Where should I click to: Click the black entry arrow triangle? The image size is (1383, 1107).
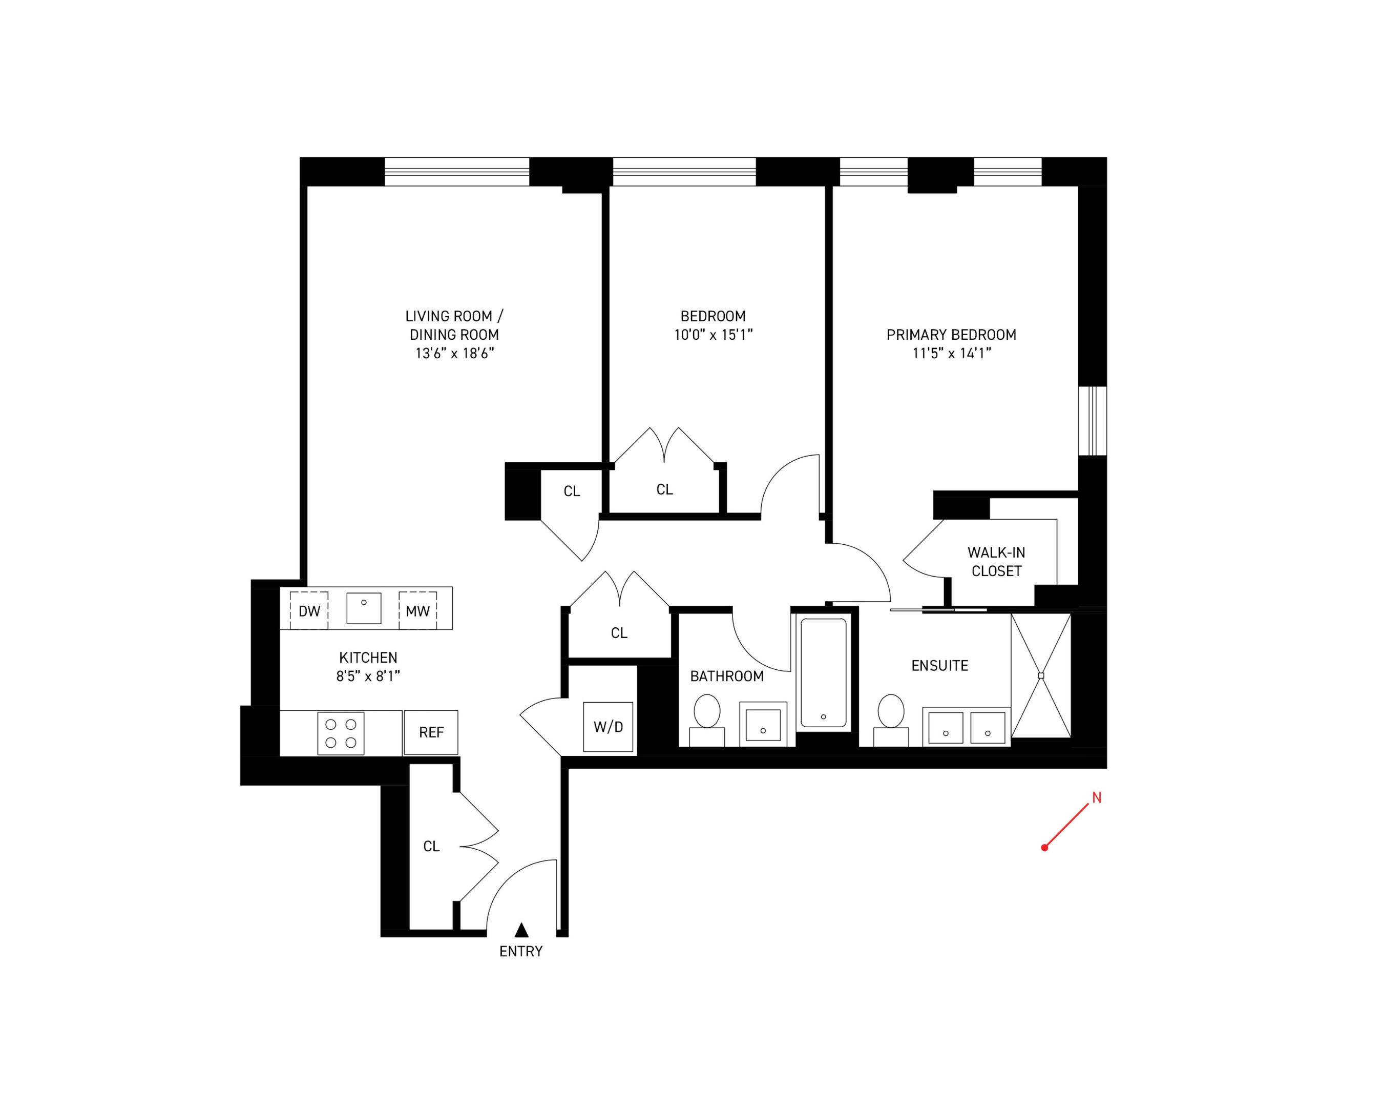521,930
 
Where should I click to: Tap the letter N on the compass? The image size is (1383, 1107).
1096,797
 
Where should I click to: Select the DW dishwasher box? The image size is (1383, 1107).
309,610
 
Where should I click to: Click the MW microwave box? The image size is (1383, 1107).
417,610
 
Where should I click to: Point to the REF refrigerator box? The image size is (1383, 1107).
431,732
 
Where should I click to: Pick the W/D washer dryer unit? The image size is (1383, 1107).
608,727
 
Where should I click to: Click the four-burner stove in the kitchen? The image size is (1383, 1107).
341,733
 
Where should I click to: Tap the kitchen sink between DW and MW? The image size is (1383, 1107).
364,608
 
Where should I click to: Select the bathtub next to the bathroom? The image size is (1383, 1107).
824,672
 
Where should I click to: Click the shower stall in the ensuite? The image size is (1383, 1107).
1040,676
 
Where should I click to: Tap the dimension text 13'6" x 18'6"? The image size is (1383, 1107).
454,353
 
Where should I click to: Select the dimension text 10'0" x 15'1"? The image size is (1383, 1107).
713,334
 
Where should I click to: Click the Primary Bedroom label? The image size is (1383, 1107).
951,334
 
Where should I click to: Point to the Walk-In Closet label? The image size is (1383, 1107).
996,562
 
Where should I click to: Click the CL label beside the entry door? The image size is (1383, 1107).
431,847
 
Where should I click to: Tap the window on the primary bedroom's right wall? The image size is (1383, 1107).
1093,421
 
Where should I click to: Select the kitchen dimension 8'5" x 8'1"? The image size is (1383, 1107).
368,676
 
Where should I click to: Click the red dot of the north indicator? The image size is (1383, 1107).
1044,848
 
